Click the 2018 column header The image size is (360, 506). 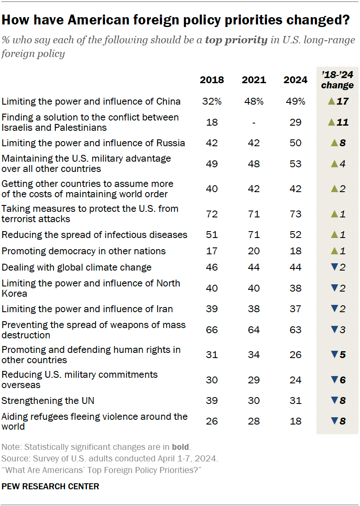212,80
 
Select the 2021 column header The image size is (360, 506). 254,80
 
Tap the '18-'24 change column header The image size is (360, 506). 337,80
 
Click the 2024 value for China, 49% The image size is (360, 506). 295,101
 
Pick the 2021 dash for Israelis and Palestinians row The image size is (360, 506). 254,123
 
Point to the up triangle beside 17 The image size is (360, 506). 330,102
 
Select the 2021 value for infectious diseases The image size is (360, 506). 254,235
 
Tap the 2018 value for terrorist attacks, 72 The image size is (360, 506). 212,214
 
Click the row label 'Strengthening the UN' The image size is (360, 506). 48,401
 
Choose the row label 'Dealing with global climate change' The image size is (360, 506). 77,268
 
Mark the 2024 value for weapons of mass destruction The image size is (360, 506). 295,330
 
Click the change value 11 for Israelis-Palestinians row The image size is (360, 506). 342,123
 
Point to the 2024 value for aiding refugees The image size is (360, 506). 295,421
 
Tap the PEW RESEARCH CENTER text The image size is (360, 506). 51,486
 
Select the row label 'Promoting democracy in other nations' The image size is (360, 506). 84,251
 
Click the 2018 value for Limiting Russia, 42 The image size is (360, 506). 212,143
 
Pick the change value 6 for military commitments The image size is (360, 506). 342,380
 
